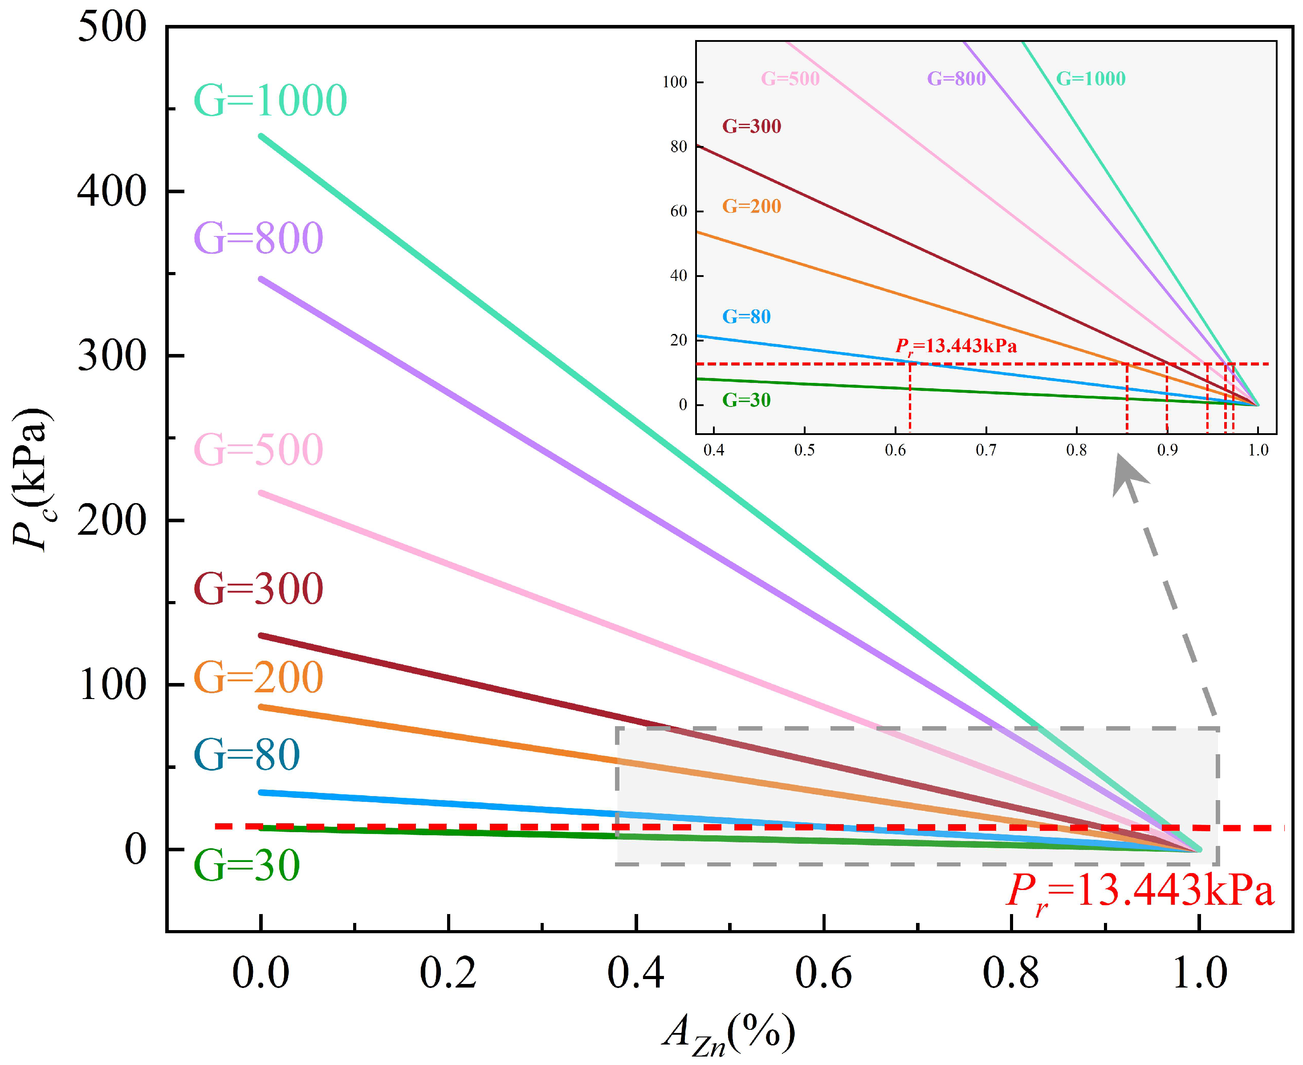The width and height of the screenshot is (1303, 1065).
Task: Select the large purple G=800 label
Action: tap(258, 238)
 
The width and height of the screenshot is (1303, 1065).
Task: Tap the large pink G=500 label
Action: tap(258, 450)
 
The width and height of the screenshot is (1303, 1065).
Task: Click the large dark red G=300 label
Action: tap(258, 589)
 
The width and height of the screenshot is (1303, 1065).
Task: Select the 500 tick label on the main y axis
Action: tap(112, 27)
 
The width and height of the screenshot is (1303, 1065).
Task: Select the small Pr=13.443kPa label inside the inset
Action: tap(956, 347)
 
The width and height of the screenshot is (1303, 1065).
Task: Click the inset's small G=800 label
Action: tap(956, 78)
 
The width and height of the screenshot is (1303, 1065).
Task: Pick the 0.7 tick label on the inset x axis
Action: tap(986, 450)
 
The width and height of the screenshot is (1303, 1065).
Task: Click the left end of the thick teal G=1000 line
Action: tap(262, 136)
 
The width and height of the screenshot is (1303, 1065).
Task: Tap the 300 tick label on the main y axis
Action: tap(112, 356)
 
